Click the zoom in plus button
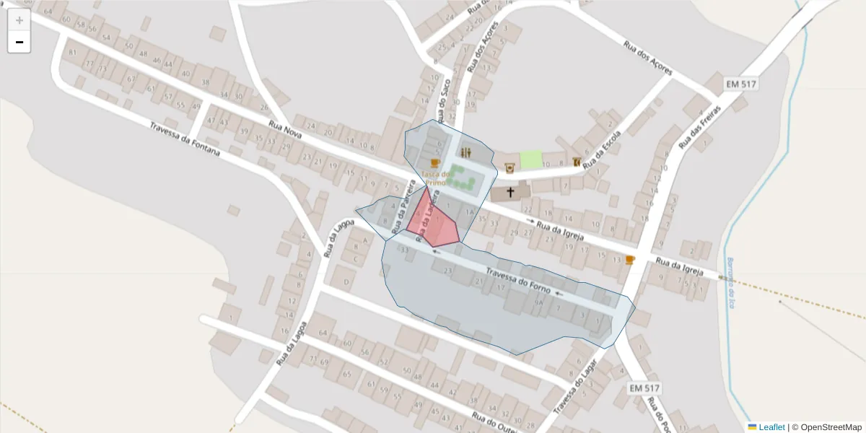pyautogui.click(x=19, y=20)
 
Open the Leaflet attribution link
pyautogui.click(x=771, y=427)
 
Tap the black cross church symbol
pyautogui.click(x=511, y=192)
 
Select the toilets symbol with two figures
pyautogui.click(x=466, y=152)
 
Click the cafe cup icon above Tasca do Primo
pyautogui.click(x=434, y=163)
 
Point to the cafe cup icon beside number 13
pyautogui.click(x=630, y=260)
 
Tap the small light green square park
pyautogui.click(x=531, y=160)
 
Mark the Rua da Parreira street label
pyautogui.click(x=403, y=208)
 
